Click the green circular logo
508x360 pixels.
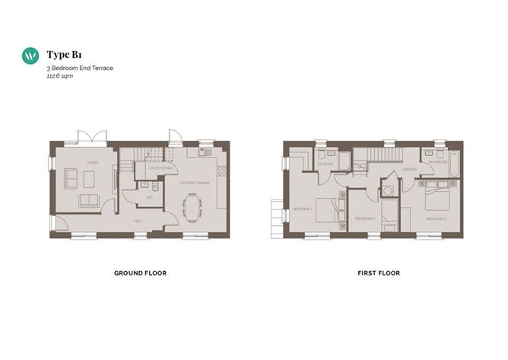click(31, 56)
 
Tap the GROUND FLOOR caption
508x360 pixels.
click(140, 272)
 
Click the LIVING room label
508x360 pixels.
click(92, 162)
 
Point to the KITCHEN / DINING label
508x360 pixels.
click(193, 183)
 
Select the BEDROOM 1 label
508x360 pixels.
click(303, 208)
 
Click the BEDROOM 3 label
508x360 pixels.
click(365, 218)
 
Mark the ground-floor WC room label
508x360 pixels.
click(150, 197)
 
